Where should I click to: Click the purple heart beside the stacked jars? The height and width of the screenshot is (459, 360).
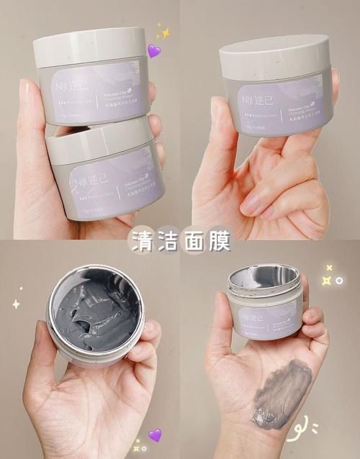[x=153, y=51]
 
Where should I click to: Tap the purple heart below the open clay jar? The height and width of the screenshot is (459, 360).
[x=154, y=435]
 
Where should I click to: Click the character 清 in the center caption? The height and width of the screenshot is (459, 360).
[x=141, y=241]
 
